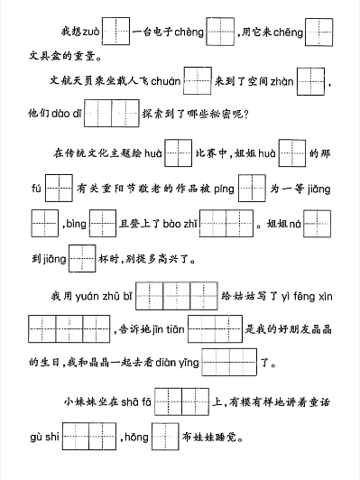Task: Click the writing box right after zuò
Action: (x=116, y=32)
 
